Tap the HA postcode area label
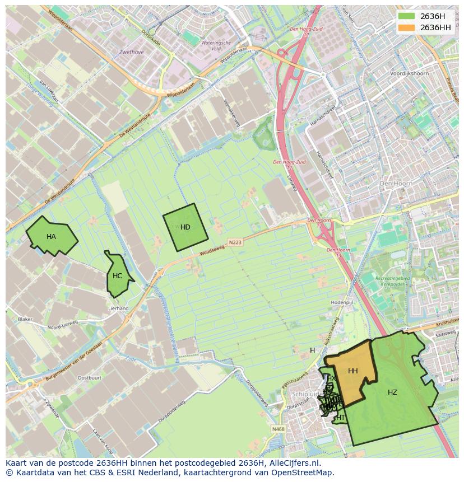[51, 237]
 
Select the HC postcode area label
[117, 276]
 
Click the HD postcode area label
[185, 227]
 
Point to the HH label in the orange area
[352, 371]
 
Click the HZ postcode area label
[392, 392]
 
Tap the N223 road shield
[235, 242]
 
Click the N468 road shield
[277, 429]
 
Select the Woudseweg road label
[211, 251]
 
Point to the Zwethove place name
[131, 52]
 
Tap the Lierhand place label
[118, 308]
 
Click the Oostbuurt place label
[89, 378]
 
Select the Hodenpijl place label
[341, 302]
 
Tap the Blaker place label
[25, 319]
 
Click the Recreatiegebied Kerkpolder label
[393, 280]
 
